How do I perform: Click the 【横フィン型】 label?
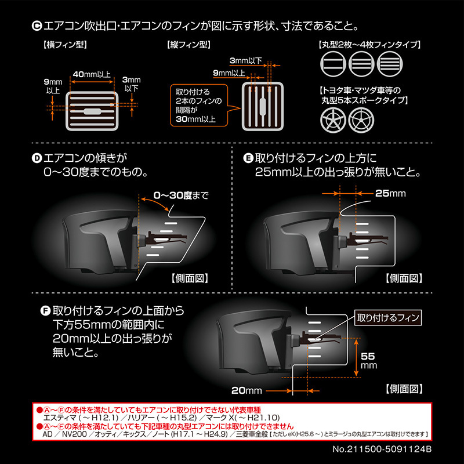(x=61, y=45)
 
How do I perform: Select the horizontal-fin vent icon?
(x=93, y=111)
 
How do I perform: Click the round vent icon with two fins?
(x=331, y=63)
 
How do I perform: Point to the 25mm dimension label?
(x=390, y=193)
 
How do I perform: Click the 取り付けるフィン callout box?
(x=387, y=318)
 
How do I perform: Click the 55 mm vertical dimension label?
(x=369, y=360)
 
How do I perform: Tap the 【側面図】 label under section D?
(x=189, y=277)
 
